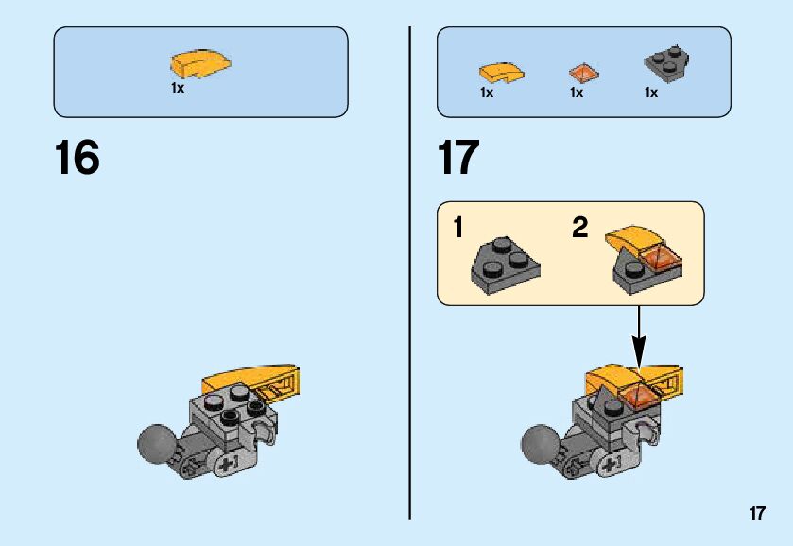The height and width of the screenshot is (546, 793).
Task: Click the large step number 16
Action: click(77, 158)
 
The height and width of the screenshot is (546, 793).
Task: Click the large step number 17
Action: click(458, 158)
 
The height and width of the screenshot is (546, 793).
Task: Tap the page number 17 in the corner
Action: click(757, 514)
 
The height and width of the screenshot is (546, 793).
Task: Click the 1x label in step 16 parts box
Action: click(178, 88)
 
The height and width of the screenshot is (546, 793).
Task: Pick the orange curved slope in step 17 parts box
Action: click(501, 72)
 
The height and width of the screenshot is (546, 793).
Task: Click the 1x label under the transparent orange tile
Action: click(577, 93)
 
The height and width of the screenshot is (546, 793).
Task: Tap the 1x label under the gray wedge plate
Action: click(651, 93)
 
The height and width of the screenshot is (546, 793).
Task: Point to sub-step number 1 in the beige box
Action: click(457, 228)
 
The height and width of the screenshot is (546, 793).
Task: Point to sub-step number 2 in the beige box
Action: click(579, 228)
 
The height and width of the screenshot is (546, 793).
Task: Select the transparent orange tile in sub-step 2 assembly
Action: click(660, 258)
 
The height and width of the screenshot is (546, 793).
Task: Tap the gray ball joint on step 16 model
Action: click(156, 442)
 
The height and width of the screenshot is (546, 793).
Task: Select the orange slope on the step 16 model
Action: click(251, 380)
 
